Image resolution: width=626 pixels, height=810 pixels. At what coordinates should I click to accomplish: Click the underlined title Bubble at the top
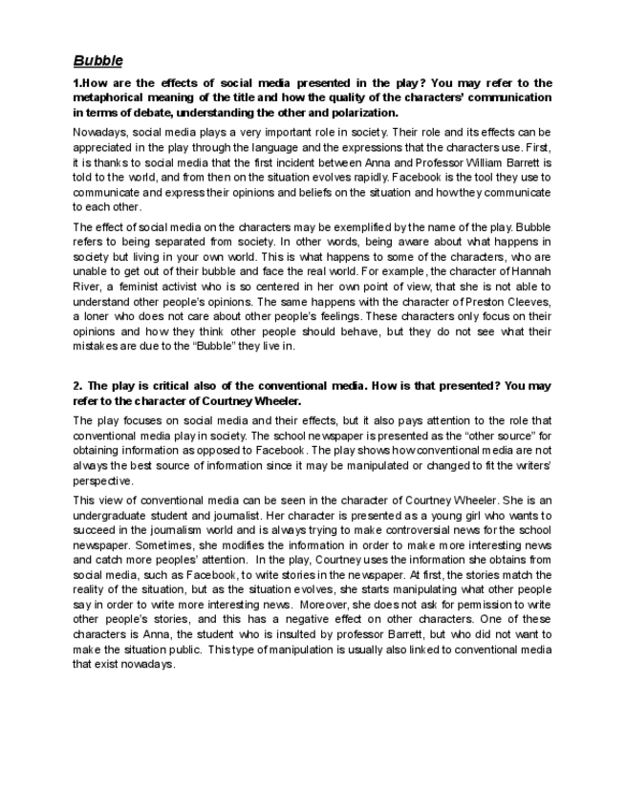[x=97, y=61]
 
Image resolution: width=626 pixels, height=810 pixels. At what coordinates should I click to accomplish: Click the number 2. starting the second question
[x=77, y=386]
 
